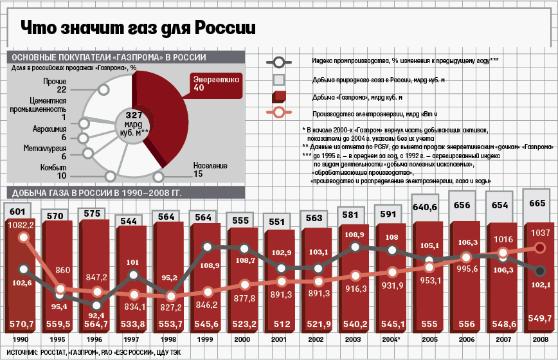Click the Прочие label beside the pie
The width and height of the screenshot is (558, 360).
53,85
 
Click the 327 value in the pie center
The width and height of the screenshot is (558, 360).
133,113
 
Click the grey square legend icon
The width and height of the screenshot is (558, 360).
279,80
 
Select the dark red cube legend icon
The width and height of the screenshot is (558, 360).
279,97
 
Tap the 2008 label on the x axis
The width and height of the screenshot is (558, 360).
540,339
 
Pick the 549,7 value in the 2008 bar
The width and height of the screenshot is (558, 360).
541,318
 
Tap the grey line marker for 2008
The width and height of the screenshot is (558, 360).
540,271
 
